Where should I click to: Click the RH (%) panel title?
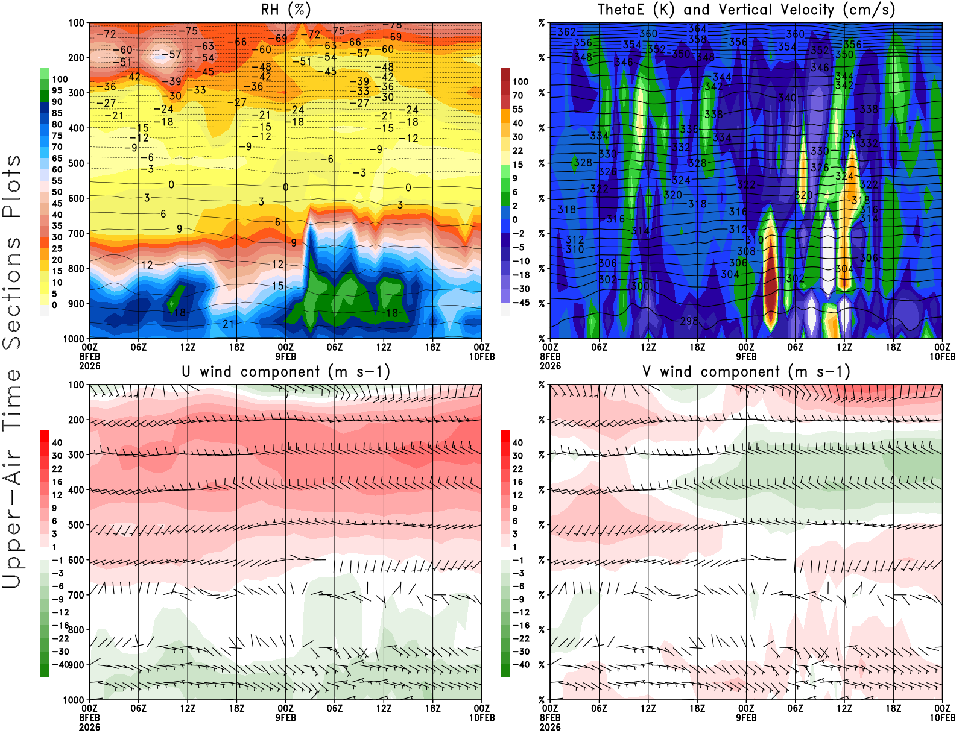(x=285, y=10)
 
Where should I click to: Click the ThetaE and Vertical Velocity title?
(x=746, y=10)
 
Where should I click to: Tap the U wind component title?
(x=285, y=371)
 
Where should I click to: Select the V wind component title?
(x=746, y=371)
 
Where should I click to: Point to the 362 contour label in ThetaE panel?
(x=566, y=31)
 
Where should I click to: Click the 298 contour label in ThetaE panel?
(x=689, y=321)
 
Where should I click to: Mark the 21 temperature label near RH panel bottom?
(x=228, y=324)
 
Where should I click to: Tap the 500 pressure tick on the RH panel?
(x=76, y=163)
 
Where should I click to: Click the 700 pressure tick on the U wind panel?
(x=76, y=595)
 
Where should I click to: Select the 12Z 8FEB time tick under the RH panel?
(x=188, y=347)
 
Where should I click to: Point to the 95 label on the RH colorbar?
(x=57, y=90)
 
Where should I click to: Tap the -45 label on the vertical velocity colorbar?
(x=520, y=303)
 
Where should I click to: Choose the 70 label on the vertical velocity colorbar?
(x=517, y=95)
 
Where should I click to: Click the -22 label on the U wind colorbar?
(x=60, y=638)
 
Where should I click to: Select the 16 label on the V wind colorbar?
(x=517, y=482)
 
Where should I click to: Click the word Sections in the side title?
(x=12, y=292)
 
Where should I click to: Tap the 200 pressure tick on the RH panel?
(x=76, y=58)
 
